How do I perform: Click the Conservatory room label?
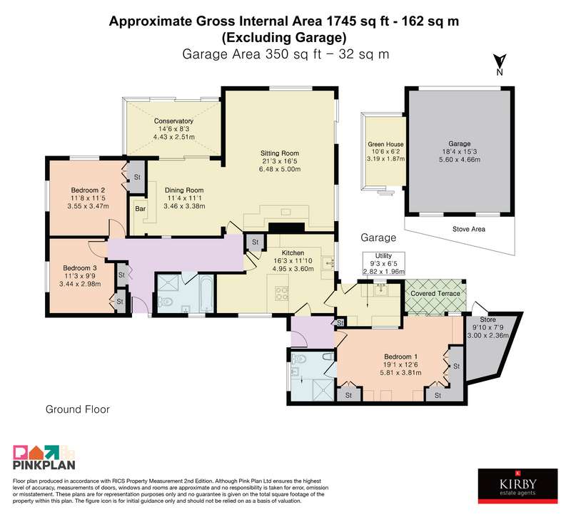point(173,121)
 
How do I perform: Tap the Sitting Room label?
point(280,153)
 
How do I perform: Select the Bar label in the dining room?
point(140,208)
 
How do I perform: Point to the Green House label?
point(385,144)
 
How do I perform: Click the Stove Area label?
point(469,229)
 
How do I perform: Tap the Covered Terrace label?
point(435,294)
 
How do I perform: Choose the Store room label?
point(487,319)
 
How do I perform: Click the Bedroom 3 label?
point(80,268)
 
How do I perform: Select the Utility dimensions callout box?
point(383,263)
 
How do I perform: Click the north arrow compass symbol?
point(500,64)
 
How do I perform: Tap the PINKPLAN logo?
point(44,457)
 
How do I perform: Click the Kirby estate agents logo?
point(518,486)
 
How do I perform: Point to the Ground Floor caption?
point(78,409)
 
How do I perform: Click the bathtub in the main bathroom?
point(206,293)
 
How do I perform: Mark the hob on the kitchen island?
point(282,293)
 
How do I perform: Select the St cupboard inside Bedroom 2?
point(137,177)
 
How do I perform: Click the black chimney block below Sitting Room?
point(286,228)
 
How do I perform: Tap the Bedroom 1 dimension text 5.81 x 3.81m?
point(400,372)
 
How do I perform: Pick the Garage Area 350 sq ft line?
point(285,54)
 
